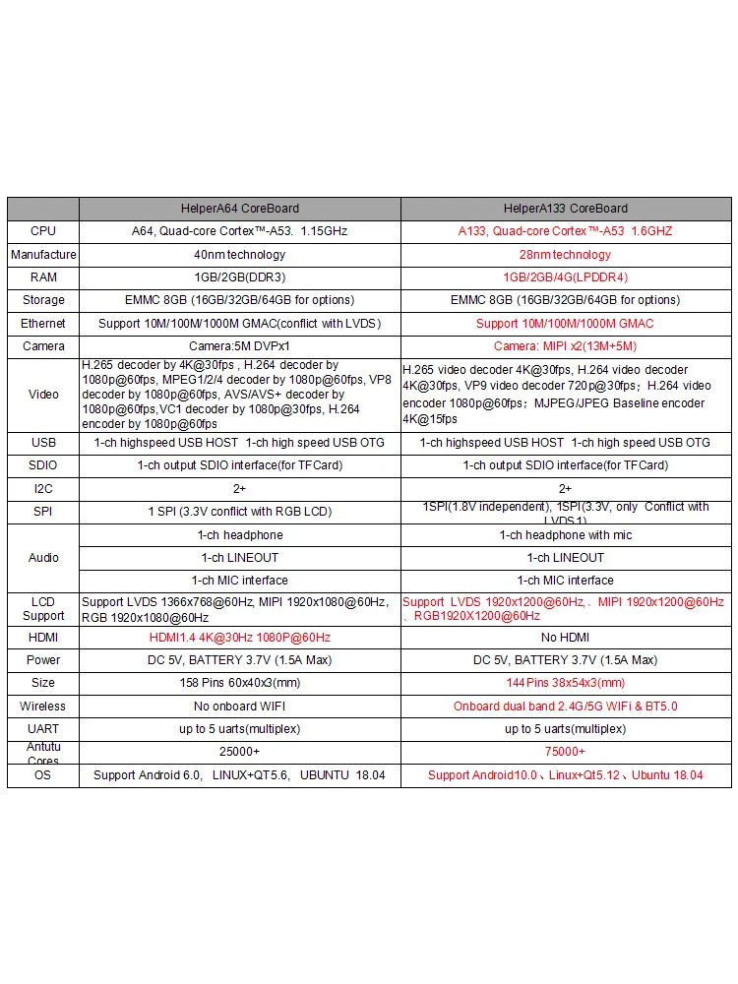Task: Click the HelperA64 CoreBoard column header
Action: click(x=239, y=209)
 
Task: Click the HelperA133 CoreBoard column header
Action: click(x=565, y=209)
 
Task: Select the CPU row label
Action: click(x=43, y=231)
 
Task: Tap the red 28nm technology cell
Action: click(x=565, y=255)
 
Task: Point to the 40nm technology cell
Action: click(x=239, y=255)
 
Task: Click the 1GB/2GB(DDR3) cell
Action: click(x=239, y=277)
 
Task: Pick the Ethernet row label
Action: click(x=43, y=324)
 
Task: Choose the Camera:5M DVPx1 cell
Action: click(x=239, y=346)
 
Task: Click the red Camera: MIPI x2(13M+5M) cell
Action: click(x=565, y=346)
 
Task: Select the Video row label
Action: click(x=43, y=395)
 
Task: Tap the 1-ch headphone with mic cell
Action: click(x=565, y=535)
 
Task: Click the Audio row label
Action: click(x=43, y=558)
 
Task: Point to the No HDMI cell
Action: click(x=565, y=638)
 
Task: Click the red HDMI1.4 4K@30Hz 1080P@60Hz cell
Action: click(x=239, y=638)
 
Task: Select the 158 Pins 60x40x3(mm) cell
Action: click(x=239, y=683)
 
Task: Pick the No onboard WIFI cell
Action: click(x=239, y=707)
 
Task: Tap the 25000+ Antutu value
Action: click(x=239, y=752)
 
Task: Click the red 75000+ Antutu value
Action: click(x=565, y=752)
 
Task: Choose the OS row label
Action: click(x=43, y=775)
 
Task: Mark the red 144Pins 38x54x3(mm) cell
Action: click(x=565, y=683)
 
